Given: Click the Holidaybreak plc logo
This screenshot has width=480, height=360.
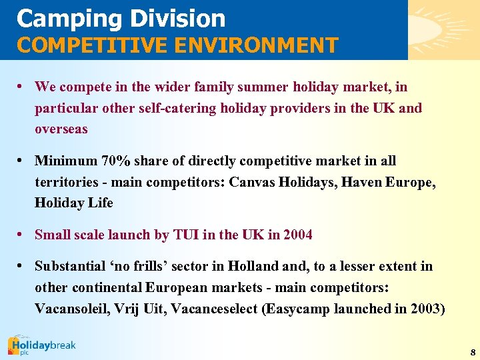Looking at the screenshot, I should (x=41, y=346).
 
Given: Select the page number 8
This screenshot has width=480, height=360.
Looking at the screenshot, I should (x=472, y=352).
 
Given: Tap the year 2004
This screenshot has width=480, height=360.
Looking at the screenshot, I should (x=297, y=235).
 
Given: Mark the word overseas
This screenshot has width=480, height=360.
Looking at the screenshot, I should (x=61, y=129).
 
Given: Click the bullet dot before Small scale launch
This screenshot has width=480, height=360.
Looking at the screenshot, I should (x=22, y=235).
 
